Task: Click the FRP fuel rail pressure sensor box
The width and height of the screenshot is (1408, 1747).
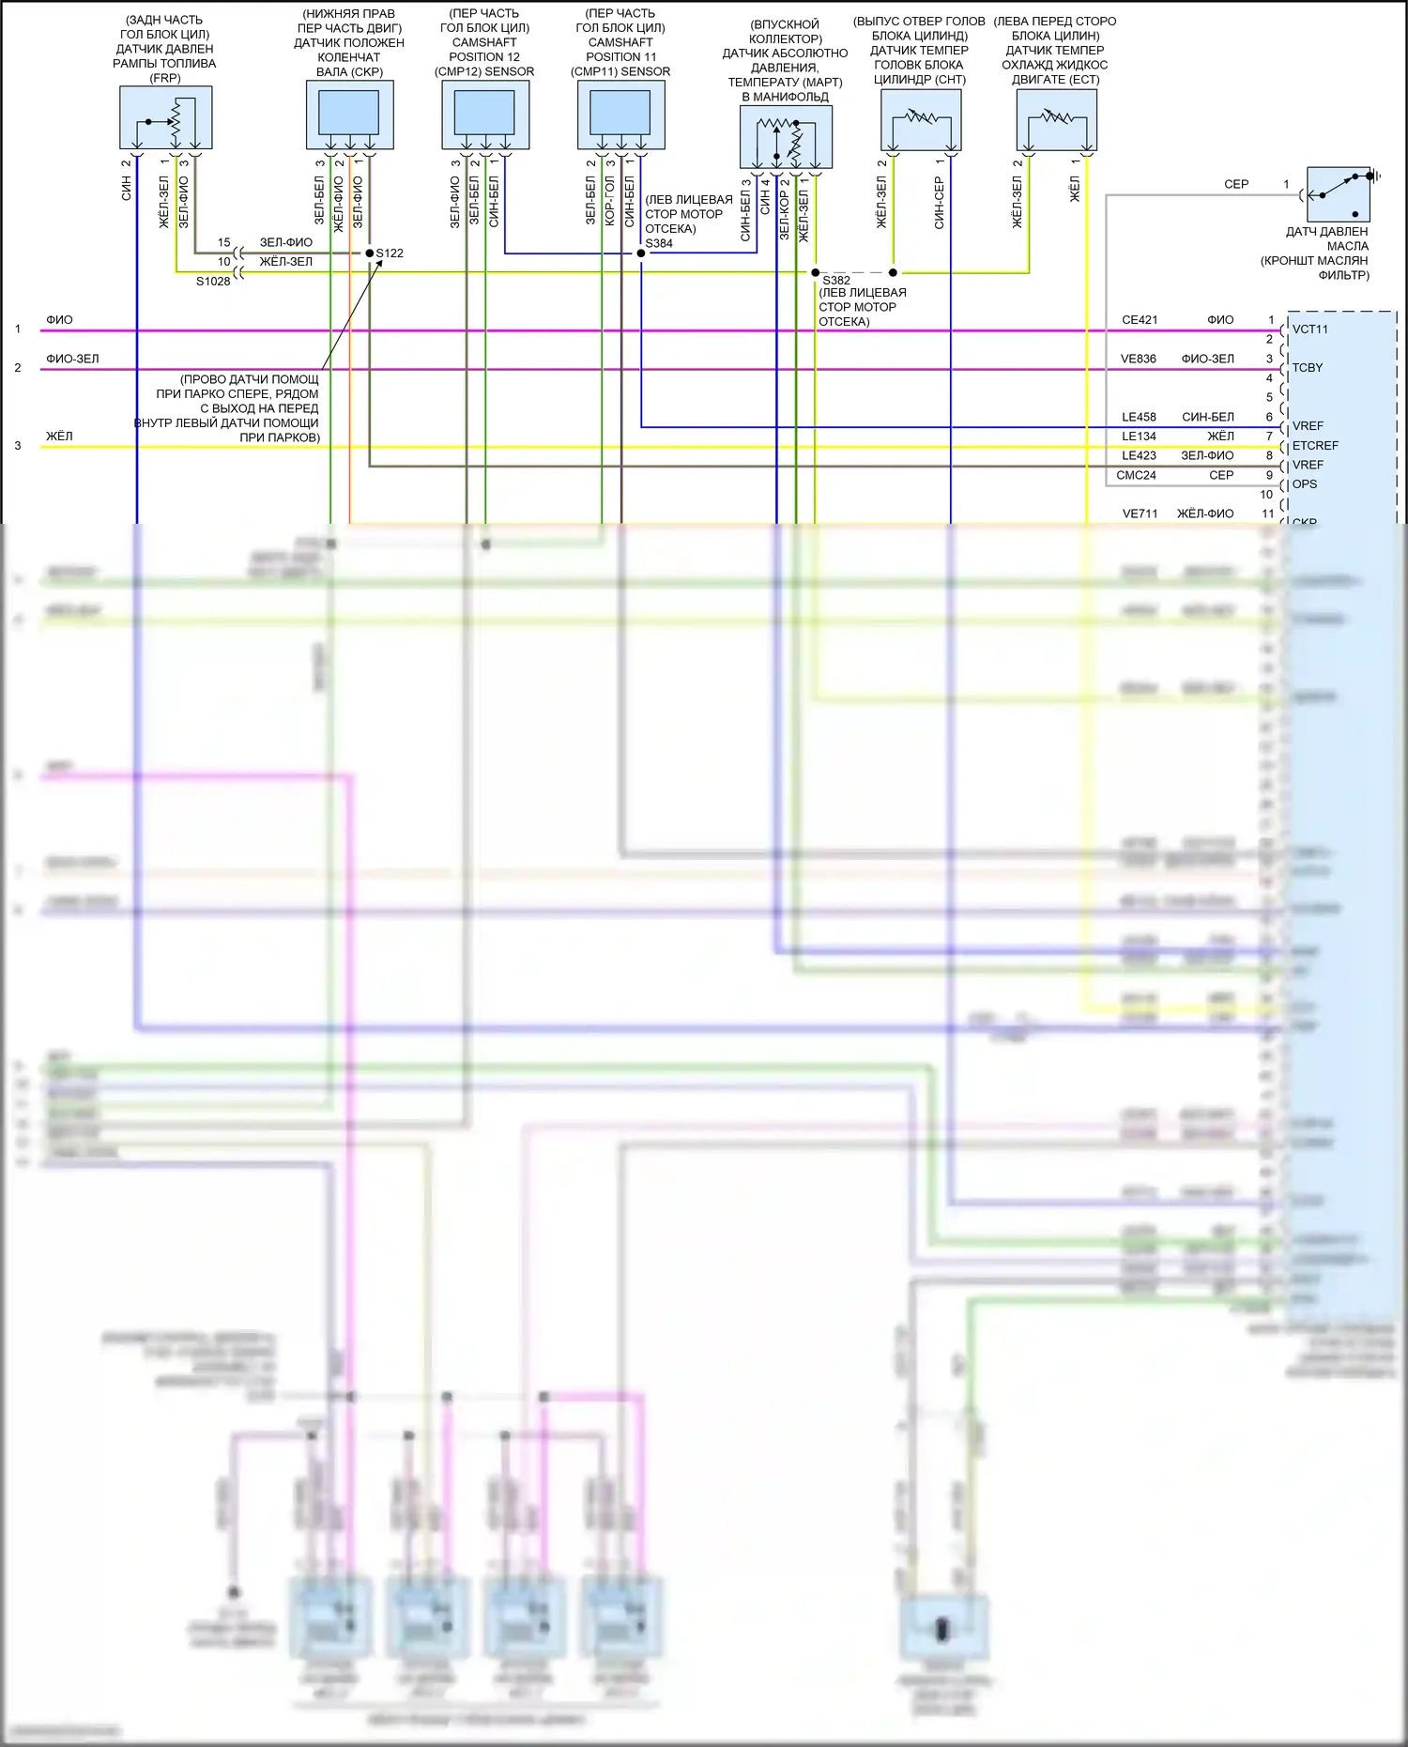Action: click(166, 117)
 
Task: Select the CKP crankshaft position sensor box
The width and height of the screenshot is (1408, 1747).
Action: click(349, 115)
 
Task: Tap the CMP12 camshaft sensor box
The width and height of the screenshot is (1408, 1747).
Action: click(484, 115)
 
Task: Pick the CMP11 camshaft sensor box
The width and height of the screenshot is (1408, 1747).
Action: click(620, 115)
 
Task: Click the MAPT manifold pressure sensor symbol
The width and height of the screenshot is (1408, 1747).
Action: click(786, 137)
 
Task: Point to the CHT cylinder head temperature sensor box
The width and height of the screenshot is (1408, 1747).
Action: click(921, 120)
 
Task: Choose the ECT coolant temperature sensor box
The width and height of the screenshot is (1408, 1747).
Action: click(1056, 120)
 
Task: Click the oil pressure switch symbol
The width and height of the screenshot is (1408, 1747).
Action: click(1339, 193)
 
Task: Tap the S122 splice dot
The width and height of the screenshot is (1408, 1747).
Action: click(369, 253)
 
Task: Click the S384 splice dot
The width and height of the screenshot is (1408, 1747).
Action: click(641, 253)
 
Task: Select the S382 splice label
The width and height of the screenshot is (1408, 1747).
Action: click(836, 280)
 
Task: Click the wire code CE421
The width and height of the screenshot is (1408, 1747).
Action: click(1140, 320)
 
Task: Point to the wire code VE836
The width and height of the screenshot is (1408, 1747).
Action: click(1139, 359)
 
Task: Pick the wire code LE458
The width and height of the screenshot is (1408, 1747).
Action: click(1140, 417)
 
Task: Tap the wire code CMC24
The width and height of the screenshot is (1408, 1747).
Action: click(1136, 475)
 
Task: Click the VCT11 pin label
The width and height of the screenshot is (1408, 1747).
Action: click(1310, 329)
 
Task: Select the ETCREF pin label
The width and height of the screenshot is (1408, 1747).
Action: click(1315, 446)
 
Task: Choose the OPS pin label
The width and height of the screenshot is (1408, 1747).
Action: click(1305, 484)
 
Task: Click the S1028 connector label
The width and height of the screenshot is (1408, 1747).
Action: click(213, 281)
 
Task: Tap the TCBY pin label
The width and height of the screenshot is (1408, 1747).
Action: click(1308, 368)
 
